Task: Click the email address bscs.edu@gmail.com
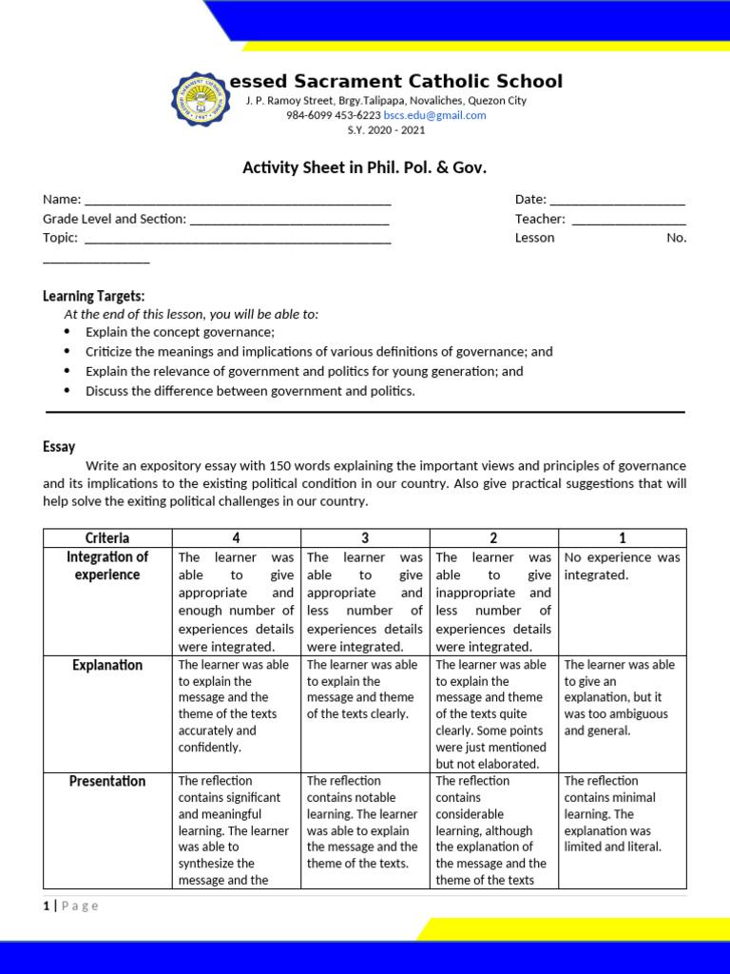pyautogui.click(x=434, y=115)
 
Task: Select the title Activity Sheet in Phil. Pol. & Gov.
pyautogui.click(x=364, y=168)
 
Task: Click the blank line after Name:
pyautogui.click(x=238, y=201)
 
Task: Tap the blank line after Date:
pyautogui.click(x=617, y=201)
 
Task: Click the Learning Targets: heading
pyautogui.click(x=94, y=297)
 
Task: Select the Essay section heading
pyautogui.click(x=59, y=446)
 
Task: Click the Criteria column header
pyautogui.click(x=107, y=538)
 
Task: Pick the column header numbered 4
pyautogui.click(x=236, y=538)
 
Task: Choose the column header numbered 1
pyautogui.click(x=623, y=538)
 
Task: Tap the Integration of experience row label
pyautogui.click(x=107, y=566)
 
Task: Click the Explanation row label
pyautogui.click(x=107, y=665)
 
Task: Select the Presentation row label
pyautogui.click(x=107, y=781)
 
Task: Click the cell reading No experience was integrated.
pyautogui.click(x=622, y=566)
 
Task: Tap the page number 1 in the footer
pyautogui.click(x=46, y=906)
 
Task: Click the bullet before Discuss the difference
pyautogui.click(x=67, y=391)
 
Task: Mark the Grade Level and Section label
pyautogui.click(x=114, y=219)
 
